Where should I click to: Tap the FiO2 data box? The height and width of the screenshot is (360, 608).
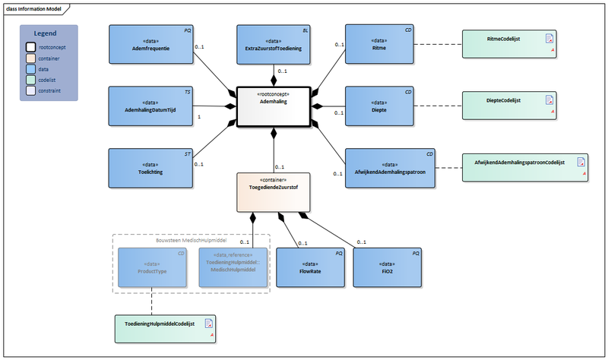click(388, 267)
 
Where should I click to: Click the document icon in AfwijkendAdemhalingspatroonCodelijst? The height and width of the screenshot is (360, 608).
click(581, 161)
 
